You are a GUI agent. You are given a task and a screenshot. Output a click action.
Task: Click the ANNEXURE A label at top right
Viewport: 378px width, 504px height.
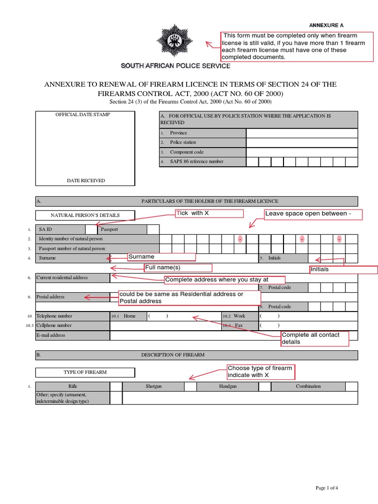[326, 25]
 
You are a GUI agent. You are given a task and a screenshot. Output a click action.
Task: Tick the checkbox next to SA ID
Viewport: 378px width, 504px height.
[91, 229]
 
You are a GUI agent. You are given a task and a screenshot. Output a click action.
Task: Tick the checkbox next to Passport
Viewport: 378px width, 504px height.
[153, 229]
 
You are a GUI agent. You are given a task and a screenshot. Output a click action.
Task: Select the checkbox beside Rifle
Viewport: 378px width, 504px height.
[116, 386]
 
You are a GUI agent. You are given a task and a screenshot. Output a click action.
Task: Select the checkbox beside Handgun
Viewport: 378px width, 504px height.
[265, 386]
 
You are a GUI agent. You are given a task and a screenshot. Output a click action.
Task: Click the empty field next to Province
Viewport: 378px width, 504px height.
[302, 133]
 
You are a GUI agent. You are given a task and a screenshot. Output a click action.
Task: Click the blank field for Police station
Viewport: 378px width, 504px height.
[302, 142]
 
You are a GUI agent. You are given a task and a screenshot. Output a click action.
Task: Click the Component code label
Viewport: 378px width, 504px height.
[187, 152]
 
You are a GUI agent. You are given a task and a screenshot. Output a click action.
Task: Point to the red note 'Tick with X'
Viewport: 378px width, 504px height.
[210, 213]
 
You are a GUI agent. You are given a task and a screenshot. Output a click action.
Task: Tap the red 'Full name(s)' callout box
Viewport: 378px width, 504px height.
[178, 268]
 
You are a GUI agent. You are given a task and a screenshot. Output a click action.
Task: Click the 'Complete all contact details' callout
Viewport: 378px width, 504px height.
[315, 338]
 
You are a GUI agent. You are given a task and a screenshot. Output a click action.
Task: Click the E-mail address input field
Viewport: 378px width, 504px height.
[234, 335]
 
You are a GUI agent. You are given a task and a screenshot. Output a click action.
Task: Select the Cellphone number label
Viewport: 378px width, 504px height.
[54, 325]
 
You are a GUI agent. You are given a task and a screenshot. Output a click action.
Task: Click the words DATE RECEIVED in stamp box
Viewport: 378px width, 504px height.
[86, 181]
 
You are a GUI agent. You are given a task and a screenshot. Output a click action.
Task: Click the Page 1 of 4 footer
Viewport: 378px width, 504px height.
[326, 488]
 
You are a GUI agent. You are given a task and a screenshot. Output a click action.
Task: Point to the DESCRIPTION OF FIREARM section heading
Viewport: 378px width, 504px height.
[173, 355]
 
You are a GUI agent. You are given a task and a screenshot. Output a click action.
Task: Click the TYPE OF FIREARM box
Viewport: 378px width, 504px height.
[85, 372]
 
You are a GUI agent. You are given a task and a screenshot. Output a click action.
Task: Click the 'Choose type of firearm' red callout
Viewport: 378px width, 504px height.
[260, 372]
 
